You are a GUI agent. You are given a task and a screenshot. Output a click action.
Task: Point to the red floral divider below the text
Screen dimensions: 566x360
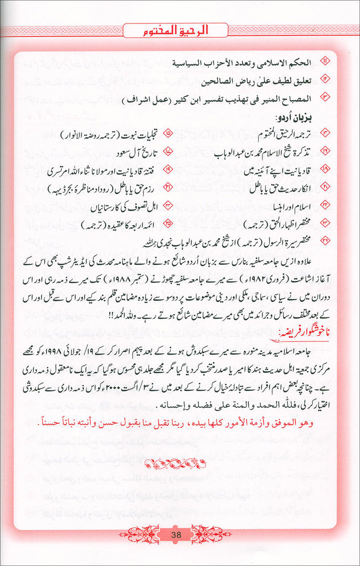click(x=179, y=466)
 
